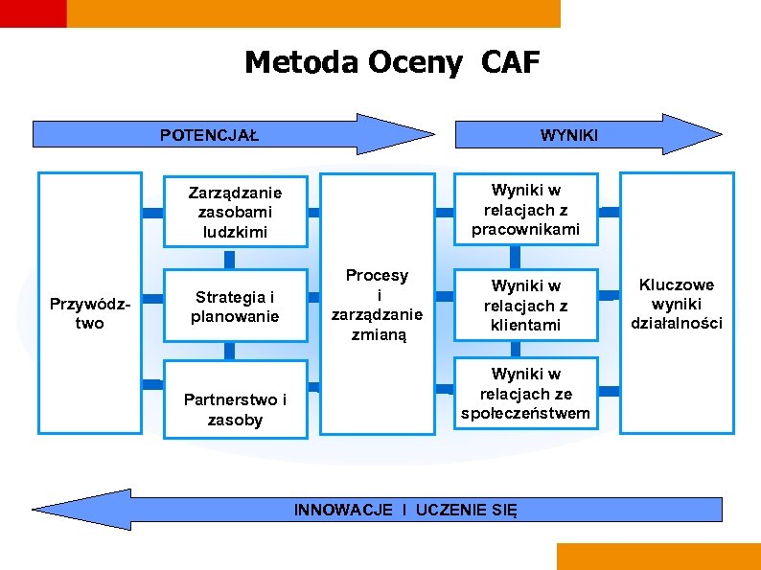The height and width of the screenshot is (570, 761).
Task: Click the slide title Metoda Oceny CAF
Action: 392,63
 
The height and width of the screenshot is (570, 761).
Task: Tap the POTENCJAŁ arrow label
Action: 209,134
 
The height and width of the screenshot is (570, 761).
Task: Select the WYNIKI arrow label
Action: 568,135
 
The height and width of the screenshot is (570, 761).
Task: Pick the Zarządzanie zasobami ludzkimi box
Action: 235,210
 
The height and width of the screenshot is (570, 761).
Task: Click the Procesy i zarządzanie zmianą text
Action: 377,306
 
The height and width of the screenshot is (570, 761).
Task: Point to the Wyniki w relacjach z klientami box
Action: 525,306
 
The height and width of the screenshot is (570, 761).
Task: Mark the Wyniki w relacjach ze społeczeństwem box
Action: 525,393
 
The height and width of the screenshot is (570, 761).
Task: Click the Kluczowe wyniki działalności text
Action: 677,304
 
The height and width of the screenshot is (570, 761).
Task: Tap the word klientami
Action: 525,326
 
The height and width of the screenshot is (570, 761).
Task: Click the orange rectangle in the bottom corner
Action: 657,557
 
